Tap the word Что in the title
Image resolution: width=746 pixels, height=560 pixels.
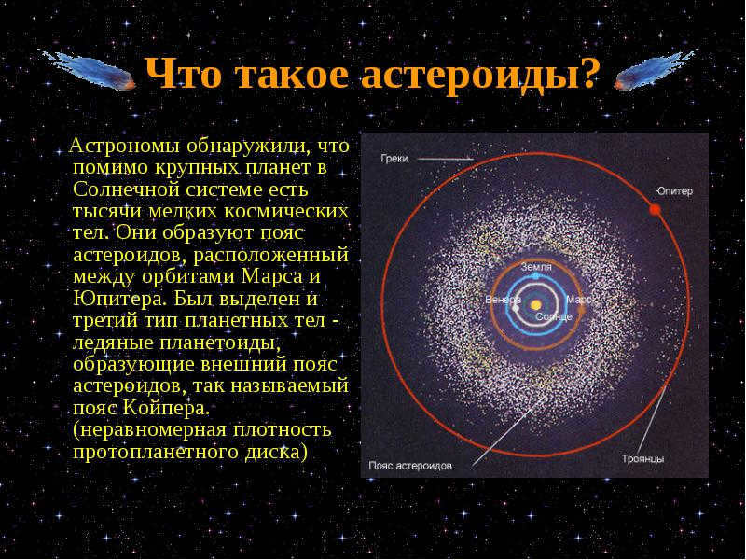click(183, 75)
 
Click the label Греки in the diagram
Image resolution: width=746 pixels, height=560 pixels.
click(394, 159)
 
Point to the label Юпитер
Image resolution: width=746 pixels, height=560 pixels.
click(673, 191)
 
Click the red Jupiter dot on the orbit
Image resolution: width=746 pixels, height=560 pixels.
click(656, 209)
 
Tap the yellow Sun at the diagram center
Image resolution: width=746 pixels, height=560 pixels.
click(536, 304)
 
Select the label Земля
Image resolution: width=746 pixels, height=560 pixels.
click(536, 267)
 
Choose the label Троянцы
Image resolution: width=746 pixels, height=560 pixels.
click(642, 459)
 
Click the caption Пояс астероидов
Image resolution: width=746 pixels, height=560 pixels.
click(410, 466)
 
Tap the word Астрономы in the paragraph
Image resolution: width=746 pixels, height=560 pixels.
click(125, 147)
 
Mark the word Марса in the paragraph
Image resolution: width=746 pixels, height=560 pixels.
click(272, 277)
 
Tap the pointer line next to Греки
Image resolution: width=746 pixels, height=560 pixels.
click(446, 159)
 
